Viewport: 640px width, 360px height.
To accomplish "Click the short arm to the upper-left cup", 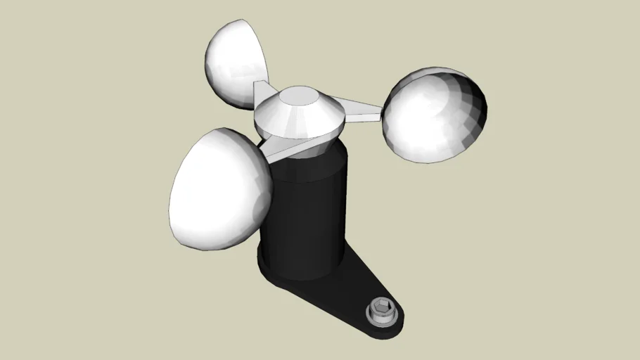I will point(261,92).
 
